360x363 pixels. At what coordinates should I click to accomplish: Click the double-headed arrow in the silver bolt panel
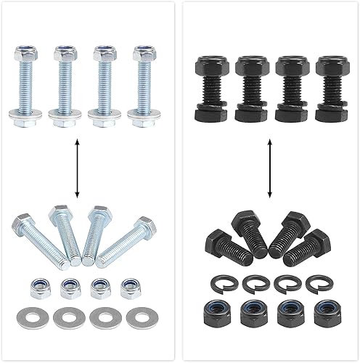point(77,170)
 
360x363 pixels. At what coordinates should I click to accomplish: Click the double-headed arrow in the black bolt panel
point(270,171)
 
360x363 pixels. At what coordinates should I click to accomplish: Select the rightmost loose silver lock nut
point(131,285)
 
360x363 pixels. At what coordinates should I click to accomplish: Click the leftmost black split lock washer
point(220,282)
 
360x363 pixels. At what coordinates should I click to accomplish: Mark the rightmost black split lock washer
point(316,282)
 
